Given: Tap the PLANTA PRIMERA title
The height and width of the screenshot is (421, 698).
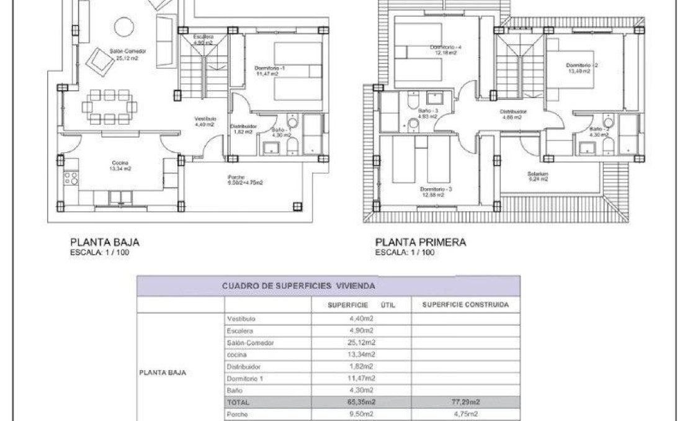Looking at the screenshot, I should tap(420, 243).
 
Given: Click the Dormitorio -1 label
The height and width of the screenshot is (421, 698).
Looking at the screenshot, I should tap(270, 68).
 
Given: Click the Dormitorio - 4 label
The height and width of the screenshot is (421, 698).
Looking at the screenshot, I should tap(445, 47).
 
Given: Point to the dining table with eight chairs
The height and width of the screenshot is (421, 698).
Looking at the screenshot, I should tap(108, 106).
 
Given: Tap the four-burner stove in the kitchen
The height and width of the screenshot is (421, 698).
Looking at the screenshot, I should tap(71, 179).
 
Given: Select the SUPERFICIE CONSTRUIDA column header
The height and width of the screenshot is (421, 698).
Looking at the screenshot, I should tap(465, 305).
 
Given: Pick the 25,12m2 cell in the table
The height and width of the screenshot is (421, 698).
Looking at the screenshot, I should tap(362, 342).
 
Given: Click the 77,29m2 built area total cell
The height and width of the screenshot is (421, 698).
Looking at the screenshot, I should tap(465, 402).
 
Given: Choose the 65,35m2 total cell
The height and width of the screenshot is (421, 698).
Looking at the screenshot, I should tap(362, 402).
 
